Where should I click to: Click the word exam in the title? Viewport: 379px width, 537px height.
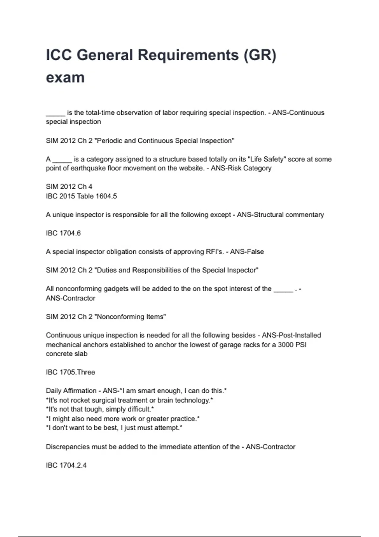point(65,78)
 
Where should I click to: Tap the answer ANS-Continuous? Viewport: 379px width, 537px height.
point(298,113)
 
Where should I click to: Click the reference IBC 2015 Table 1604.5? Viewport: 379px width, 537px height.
point(81,196)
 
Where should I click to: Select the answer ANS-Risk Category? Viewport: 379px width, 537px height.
point(241,168)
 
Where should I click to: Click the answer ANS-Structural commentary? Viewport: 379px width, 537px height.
point(280,215)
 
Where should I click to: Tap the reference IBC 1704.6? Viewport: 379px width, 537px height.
point(63,233)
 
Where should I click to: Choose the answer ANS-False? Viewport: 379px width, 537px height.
point(247,252)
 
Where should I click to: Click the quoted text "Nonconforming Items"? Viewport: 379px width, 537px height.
point(130,317)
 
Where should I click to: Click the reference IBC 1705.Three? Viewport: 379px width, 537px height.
point(70,372)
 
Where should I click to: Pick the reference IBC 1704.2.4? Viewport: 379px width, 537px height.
point(66,465)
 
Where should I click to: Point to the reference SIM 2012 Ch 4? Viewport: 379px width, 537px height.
point(69,187)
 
